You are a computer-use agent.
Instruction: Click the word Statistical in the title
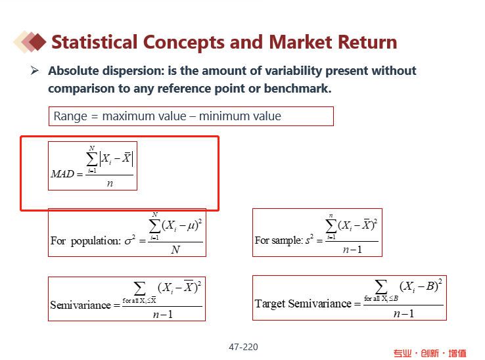coord(95,42)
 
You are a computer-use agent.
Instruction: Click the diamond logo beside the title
coord(30,42)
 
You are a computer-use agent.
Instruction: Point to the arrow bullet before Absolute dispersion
coord(35,70)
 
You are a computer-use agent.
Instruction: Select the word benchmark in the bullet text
coord(297,89)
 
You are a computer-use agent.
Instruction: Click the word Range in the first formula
coord(70,116)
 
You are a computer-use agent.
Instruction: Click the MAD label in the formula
coord(63,174)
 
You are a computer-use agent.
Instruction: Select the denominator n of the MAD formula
coord(110,183)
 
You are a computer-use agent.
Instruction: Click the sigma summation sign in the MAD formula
coord(92,159)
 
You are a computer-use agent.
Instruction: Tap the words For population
coord(85,240)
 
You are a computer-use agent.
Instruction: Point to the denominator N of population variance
coord(175,249)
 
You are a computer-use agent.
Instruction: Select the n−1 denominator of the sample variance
coord(352,249)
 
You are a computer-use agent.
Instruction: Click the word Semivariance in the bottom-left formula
coord(81,305)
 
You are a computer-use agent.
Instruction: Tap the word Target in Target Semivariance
coord(270,304)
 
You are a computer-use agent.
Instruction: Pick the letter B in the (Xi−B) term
coord(430,286)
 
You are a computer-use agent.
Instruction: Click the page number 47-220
coord(243,347)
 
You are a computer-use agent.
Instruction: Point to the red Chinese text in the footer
coord(430,353)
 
